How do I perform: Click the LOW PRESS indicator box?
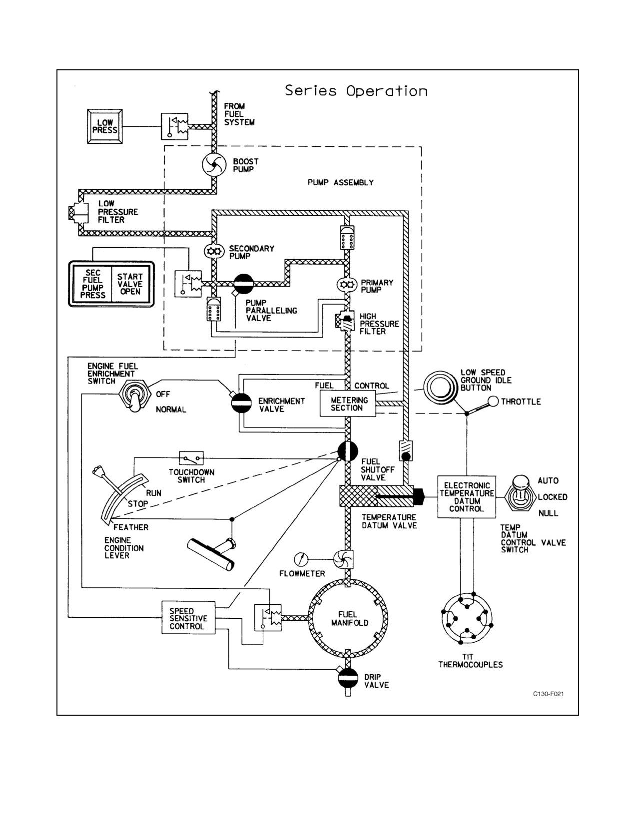[105, 127]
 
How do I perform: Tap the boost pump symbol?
[214, 165]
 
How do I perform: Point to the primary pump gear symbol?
[347, 284]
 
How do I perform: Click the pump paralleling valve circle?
[244, 284]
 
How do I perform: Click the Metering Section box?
[348, 404]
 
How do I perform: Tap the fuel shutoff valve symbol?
[348, 451]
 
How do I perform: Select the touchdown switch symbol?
[191, 458]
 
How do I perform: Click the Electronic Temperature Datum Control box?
[467, 497]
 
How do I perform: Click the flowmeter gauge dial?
[301, 559]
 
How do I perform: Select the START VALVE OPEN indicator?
[130, 284]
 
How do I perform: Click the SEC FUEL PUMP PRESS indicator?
[92, 284]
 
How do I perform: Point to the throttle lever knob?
[493, 402]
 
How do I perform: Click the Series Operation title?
[356, 91]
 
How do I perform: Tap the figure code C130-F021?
[548, 694]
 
